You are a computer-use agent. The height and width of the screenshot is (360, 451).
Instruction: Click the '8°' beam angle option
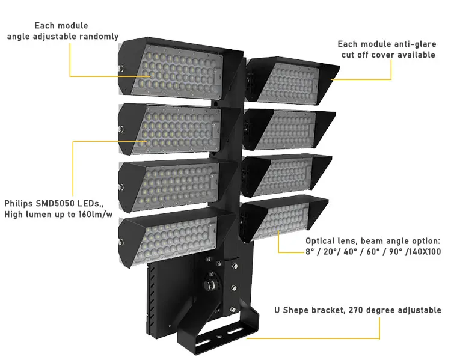click(311, 252)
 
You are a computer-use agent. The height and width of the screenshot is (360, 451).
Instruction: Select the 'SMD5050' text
click(58, 203)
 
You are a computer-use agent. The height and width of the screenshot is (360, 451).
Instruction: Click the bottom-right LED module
click(283, 219)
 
